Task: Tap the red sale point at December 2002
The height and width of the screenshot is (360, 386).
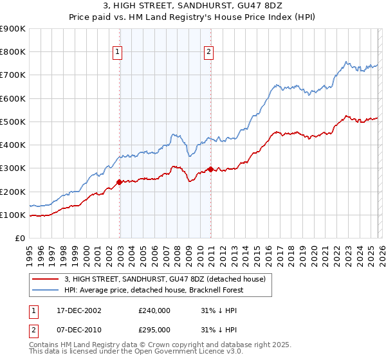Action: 120,183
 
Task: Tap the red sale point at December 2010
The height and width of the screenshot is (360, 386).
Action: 210,170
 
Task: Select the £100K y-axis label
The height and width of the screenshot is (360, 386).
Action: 13,215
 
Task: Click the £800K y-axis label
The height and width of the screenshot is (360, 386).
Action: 13,51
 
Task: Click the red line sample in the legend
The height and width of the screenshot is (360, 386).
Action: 46,278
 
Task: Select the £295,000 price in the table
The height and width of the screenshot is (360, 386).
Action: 154,329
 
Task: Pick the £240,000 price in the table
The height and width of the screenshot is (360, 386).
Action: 154,310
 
